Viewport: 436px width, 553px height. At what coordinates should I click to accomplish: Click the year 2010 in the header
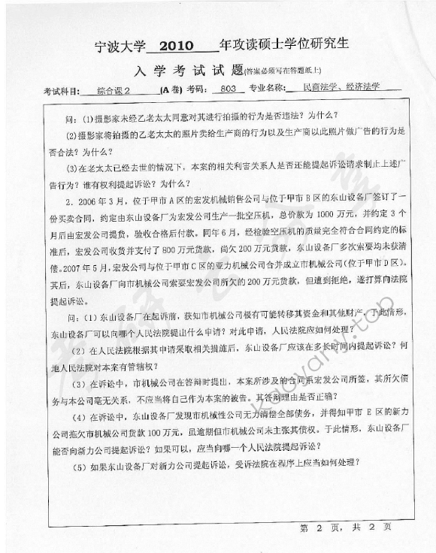pyautogui.click(x=178, y=48)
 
